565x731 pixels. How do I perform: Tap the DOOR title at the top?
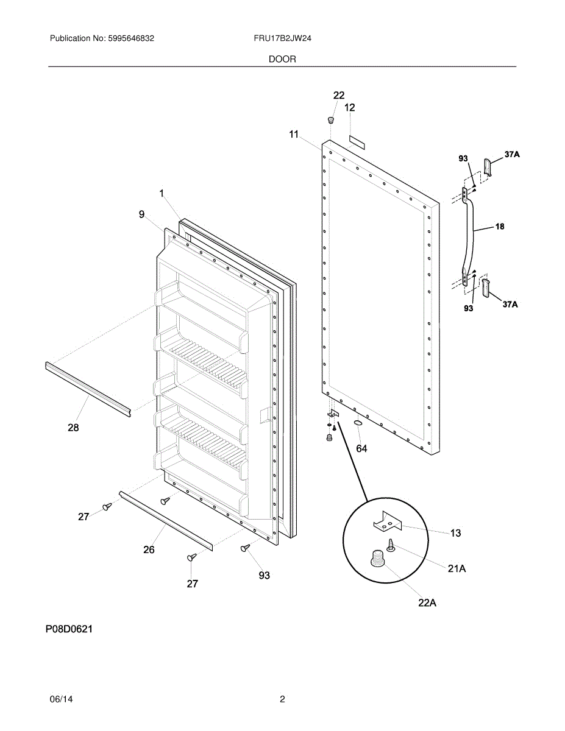click(x=282, y=59)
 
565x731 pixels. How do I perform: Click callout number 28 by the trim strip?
click(x=73, y=428)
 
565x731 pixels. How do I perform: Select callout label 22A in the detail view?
click(x=427, y=603)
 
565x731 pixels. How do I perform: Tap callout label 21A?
click(x=457, y=568)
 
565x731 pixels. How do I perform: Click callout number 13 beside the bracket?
click(x=455, y=533)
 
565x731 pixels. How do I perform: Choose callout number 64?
click(x=361, y=448)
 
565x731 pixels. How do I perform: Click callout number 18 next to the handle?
click(x=499, y=227)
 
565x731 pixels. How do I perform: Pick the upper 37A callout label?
click(x=512, y=155)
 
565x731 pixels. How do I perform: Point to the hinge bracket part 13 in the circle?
click(x=388, y=521)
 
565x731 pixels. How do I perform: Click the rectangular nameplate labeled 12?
click(x=356, y=142)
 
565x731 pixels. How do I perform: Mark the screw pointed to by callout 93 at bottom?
click(x=245, y=548)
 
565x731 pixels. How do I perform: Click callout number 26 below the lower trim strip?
click(x=149, y=549)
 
